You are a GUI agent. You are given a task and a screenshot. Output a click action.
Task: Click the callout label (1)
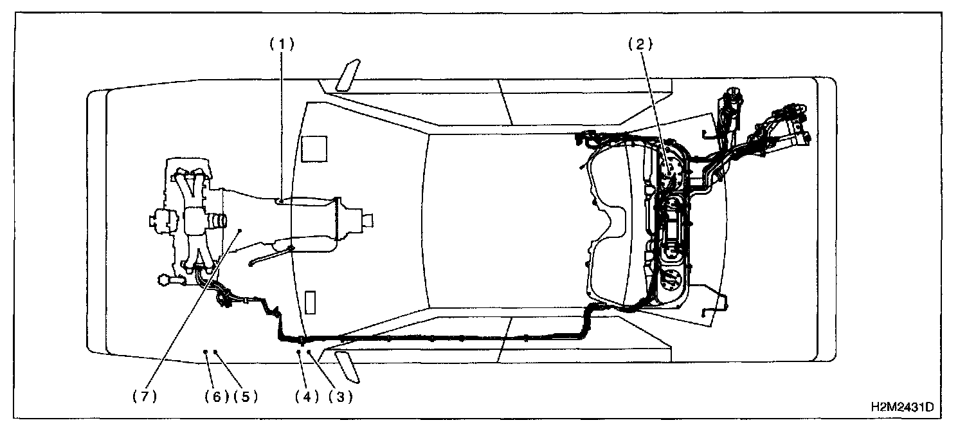click(x=281, y=44)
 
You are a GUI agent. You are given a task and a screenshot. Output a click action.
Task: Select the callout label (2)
click(x=640, y=44)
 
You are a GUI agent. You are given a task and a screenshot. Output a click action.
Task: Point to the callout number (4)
click(x=307, y=397)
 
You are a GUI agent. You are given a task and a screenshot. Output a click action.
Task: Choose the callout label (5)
click(x=245, y=397)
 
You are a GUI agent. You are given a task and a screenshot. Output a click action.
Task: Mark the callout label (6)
click(x=217, y=397)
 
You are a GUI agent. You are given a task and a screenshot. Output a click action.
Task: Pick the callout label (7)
click(x=145, y=397)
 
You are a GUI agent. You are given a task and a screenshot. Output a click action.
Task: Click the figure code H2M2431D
click(x=901, y=407)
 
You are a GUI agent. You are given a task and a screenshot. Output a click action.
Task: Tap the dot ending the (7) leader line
click(x=239, y=230)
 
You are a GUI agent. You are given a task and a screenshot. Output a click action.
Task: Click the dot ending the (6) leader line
click(x=205, y=352)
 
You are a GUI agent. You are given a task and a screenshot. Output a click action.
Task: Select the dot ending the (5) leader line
click(x=215, y=352)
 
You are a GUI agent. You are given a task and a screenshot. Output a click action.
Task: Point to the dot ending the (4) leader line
click(x=299, y=352)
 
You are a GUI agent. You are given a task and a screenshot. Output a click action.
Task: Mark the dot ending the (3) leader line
click(x=309, y=352)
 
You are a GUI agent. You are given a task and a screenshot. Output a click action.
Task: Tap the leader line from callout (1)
click(x=281, y=122)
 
